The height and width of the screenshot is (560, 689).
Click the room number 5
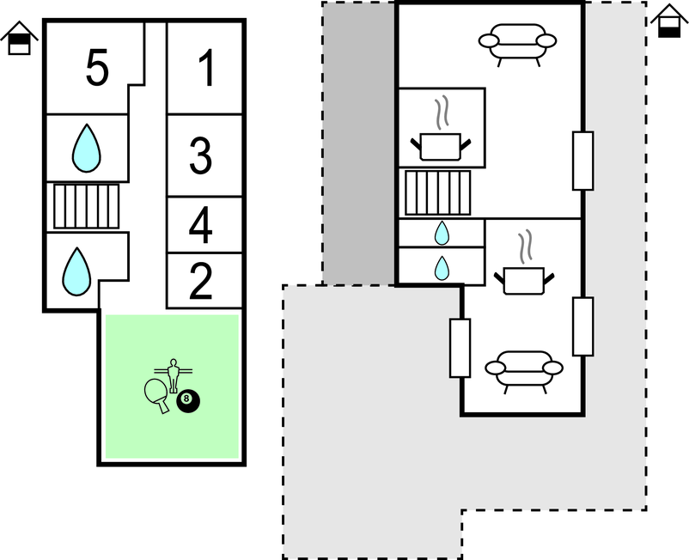coord(97,67)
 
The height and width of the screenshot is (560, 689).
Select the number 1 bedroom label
coord(207,68)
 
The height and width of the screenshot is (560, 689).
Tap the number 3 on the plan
coord(201,155)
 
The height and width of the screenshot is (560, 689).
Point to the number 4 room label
coord(201,225)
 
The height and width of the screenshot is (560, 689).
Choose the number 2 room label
coord(201,281)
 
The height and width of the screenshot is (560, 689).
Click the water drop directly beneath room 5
coord(87,148)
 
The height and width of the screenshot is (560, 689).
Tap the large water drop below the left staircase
coord(77,271)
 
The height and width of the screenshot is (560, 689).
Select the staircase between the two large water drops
coord(86,206)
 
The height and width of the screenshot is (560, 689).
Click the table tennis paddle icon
coord(157,395)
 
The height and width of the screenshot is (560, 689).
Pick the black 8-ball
coord(188,401)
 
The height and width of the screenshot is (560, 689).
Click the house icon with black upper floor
coord(20,38)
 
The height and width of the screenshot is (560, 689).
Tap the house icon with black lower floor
coord(669,21)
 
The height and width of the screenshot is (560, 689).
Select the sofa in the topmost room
coord(518,45)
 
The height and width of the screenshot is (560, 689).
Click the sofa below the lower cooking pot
coord(524,372)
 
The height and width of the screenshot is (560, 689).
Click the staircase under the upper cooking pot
coord(437,192)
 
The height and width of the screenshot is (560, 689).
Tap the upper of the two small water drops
coord(442,233)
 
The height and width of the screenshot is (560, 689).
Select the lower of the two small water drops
coord(442,268)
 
